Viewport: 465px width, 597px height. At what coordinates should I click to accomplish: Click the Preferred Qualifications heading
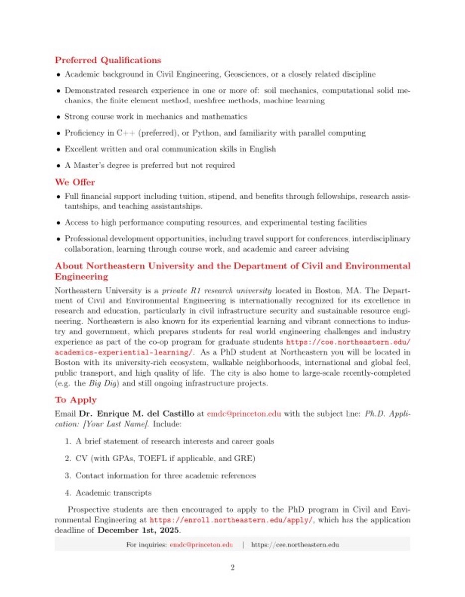click(108, 60)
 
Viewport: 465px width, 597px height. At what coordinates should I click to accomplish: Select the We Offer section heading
click(75, 182)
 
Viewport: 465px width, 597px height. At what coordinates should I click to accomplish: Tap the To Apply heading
click(76, 400)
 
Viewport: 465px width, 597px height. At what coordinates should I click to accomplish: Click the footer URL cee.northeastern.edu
click(295, 545)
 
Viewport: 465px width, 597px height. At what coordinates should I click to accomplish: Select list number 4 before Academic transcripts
click(68, 493)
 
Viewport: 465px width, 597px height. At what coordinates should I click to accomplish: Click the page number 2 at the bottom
click(232, 568)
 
